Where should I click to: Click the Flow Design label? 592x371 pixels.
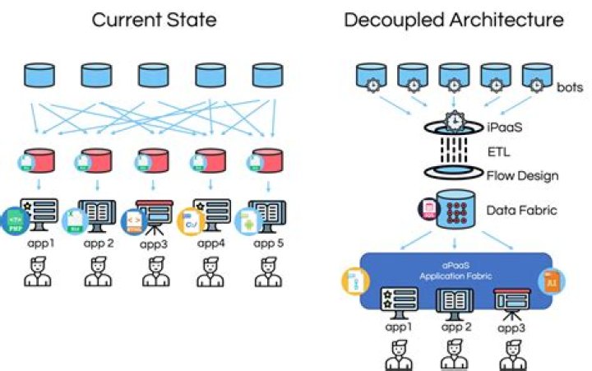coord(522,174)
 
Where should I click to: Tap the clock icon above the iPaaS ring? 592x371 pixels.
coord(454,120)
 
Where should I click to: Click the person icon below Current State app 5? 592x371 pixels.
coord(264,272)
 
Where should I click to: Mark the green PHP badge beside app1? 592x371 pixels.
coord(14,222)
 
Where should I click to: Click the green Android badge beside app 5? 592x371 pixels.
coord(244,220)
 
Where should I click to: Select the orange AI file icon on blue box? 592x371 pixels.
coord(551,281)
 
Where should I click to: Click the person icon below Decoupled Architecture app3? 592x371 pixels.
coord(510,355)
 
